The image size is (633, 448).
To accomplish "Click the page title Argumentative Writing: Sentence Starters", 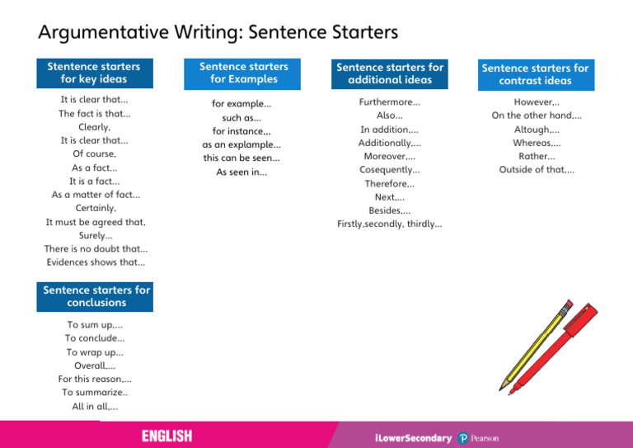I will [x=218, y=32].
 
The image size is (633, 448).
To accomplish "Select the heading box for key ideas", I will [x=94, y=73].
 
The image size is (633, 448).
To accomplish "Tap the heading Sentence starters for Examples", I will [x=243, y=73].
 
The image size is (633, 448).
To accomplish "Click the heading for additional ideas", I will [x=390, y=73].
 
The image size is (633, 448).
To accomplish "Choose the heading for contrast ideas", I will [x=535, y=74].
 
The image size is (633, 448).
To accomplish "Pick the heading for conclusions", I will [x=96, y=296].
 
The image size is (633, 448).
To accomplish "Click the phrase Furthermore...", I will [x=390, y=102].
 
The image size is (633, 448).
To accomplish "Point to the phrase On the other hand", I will [x=536, y=116].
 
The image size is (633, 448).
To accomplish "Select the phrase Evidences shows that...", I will [x=96, y=262].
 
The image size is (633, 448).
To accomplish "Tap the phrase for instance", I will [x=241, y=130].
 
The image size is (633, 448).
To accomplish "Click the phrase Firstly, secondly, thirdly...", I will [x=390, y=224].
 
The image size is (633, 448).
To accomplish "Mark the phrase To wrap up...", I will [x=95, y=352].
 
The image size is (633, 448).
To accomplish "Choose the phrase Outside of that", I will [x=537, y=170].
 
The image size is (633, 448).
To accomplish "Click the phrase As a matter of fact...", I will [x=96, y=195].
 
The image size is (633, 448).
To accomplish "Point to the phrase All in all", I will [x=95, y=407].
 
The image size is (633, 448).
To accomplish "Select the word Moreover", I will [x=390, y=156].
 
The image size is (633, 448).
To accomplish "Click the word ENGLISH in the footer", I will [x=166, y=436].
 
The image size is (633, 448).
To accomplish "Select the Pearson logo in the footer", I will [x=480, y=438].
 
